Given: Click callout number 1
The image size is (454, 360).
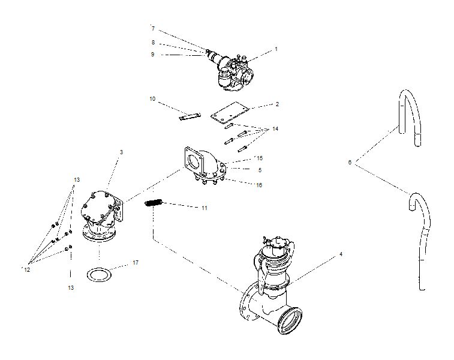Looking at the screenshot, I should (276, 49).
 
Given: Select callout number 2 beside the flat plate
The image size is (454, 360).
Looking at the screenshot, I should (277, 104).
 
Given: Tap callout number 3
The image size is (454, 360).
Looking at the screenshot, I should (121, 152).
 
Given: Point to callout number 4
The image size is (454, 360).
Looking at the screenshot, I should (341, 254).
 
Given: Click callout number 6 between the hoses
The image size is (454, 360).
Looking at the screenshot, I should (350, 162).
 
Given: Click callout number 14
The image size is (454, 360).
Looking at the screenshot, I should (275, 129).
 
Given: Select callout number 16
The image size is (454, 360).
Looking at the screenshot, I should (259, 185).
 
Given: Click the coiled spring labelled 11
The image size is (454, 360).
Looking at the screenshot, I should (155, 204).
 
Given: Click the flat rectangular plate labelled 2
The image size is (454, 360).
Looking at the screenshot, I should (229, 113).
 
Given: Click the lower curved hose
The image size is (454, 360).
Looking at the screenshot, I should (420, 240).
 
